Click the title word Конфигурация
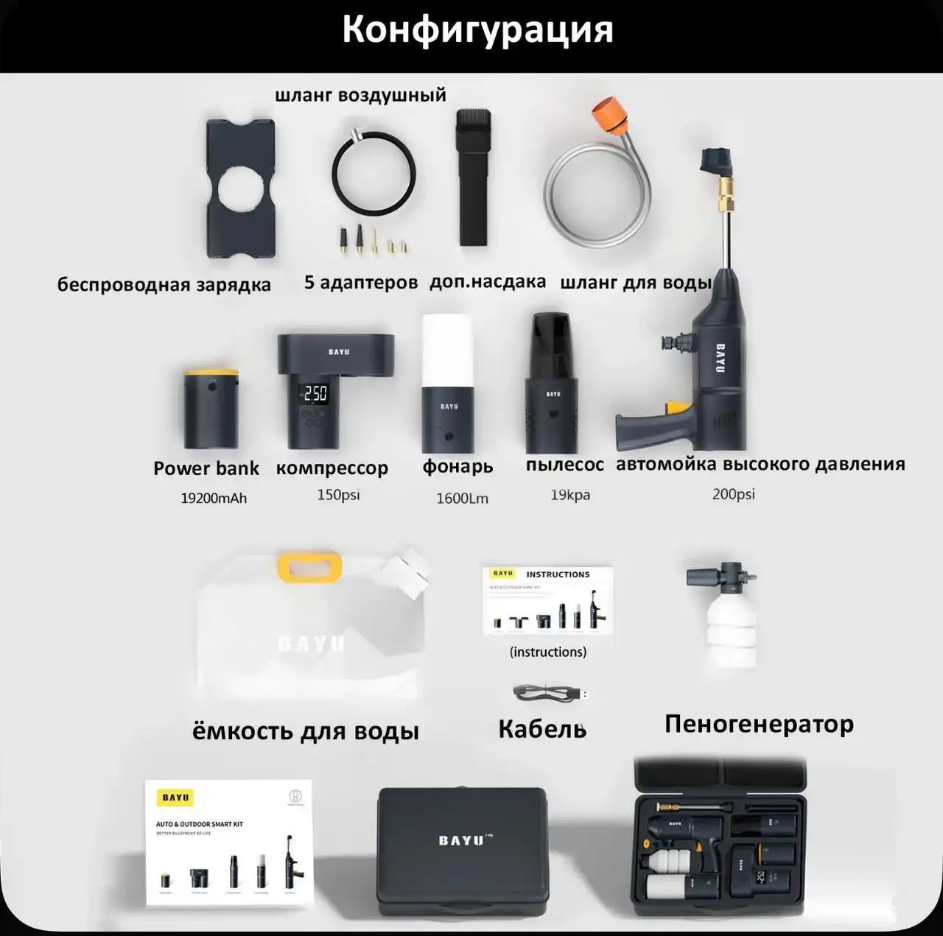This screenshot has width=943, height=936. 477,30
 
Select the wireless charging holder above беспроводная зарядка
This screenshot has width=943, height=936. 240,189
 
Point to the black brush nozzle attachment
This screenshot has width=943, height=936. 473,177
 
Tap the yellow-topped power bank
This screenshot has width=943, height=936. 211,409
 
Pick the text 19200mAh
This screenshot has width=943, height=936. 214,499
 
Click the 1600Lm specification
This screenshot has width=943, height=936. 462,499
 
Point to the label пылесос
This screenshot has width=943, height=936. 564,465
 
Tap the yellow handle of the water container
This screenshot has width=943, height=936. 309,566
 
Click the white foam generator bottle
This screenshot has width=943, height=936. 732,626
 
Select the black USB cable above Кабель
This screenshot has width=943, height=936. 547,693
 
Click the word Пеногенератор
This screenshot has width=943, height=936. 759,724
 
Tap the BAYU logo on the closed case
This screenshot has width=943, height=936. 461,840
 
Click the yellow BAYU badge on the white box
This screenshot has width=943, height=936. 175,798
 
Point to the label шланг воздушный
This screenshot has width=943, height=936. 360,95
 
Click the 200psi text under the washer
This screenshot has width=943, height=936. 733,494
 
